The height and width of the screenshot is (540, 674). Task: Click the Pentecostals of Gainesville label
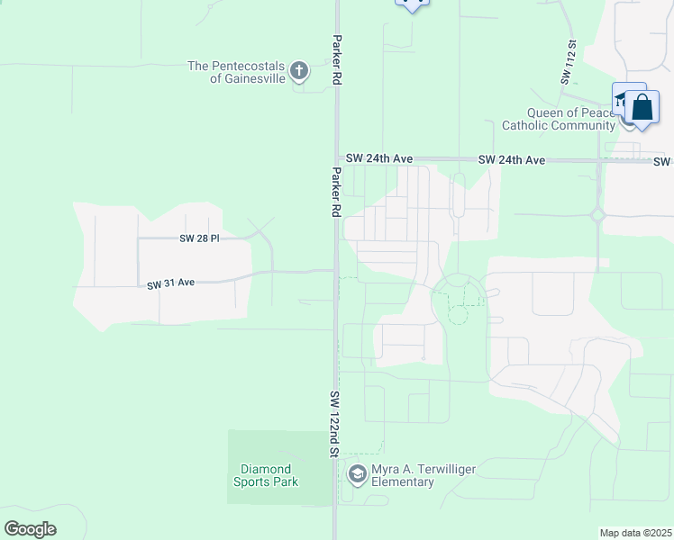236,72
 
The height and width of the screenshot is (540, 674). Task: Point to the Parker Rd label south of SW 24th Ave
335,192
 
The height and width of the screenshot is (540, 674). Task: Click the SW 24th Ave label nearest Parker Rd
379,158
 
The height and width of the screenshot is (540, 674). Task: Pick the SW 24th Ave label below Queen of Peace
511,159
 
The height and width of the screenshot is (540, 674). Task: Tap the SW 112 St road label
568,61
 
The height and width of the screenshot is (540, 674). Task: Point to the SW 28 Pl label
200,238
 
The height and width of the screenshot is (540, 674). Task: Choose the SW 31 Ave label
171,283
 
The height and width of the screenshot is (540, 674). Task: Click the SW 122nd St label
333,424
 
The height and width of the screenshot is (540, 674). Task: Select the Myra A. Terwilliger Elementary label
424,475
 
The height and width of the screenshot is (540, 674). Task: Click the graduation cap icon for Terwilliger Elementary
357,473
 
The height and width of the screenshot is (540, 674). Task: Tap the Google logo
30,529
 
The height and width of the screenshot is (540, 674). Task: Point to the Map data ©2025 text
635,533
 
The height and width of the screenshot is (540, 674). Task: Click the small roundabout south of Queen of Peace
597,215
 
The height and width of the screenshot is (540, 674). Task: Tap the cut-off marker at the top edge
412,4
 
